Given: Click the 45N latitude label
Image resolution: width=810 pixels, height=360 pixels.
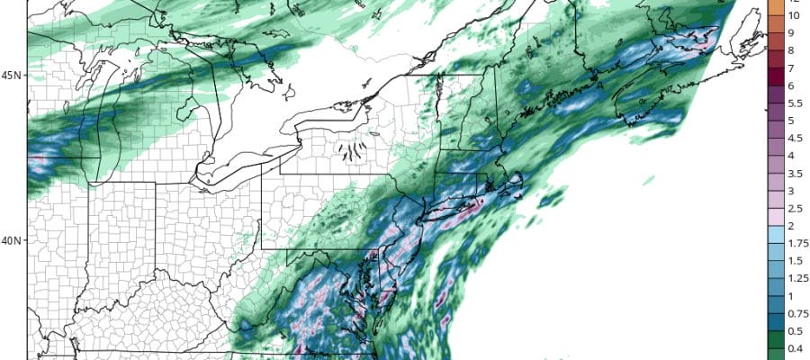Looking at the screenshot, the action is (x=12, y=76).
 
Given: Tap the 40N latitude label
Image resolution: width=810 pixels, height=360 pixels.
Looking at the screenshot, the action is (x=12, y=241).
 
